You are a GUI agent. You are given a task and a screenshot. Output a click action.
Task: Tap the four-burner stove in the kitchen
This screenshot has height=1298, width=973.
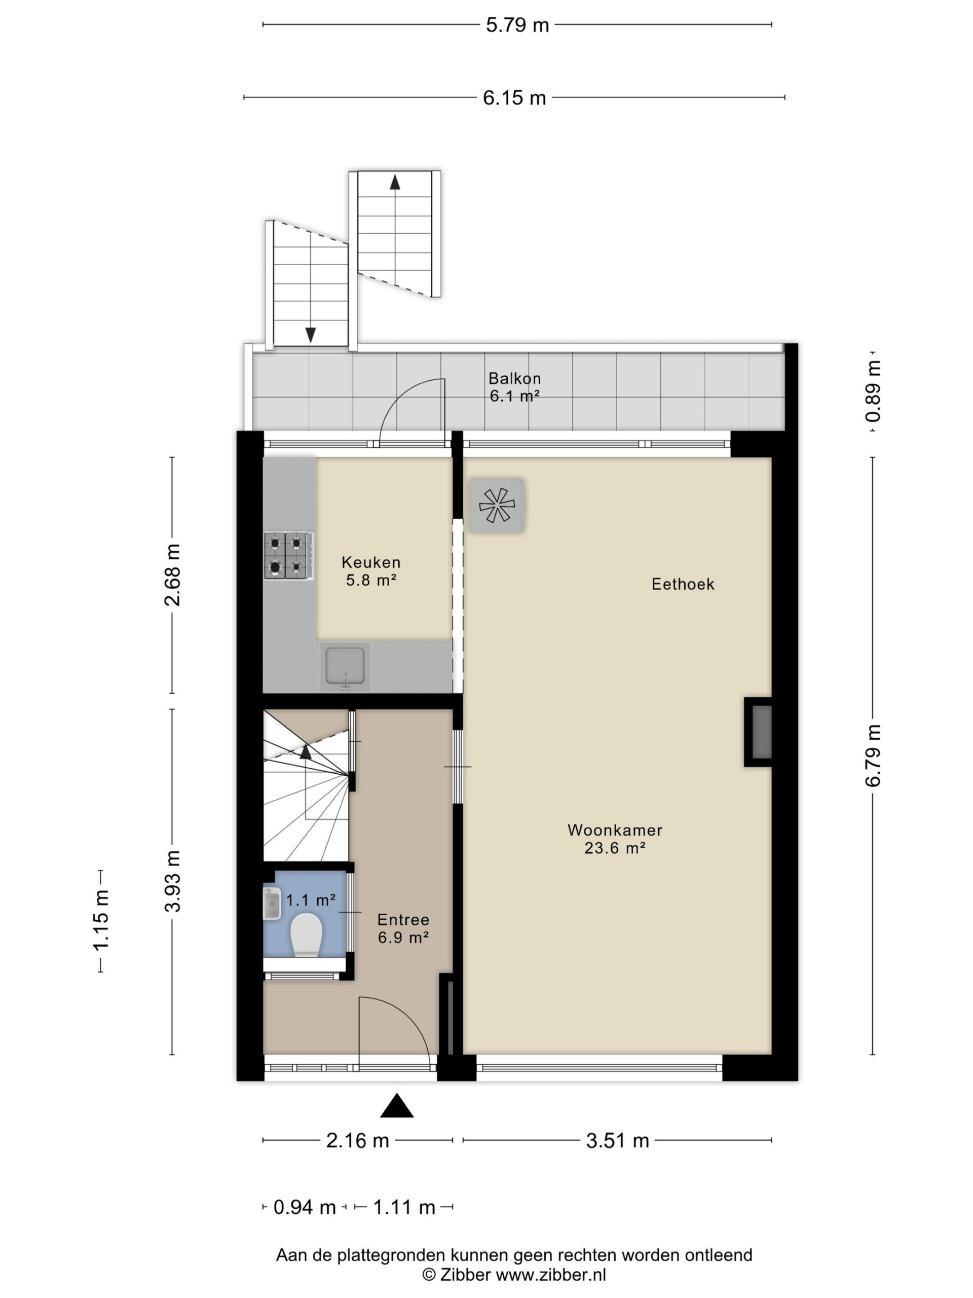pos(288,555)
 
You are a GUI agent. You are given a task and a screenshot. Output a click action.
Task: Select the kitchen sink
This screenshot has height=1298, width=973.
pos(345,667)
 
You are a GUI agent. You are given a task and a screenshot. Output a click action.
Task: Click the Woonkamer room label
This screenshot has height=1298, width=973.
pos(615,830)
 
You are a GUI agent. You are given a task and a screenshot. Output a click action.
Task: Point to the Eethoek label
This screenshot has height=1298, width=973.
pos(683,584)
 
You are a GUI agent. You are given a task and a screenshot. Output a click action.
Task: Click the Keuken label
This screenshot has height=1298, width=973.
pos(370,562)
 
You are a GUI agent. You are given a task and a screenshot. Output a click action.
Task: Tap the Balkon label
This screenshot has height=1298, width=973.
pos(514,378)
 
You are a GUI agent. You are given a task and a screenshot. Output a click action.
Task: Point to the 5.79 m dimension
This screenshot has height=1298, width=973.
pos(517,25)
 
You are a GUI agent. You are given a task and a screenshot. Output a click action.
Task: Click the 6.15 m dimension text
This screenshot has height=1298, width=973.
pos(514,98)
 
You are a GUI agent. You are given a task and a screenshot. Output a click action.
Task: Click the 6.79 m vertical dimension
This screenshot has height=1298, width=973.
pos(873,754)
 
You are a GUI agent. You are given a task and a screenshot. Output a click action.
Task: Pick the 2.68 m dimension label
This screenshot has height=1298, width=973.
pos(172,574)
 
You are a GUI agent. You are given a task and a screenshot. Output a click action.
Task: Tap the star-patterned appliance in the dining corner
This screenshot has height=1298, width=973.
pos(496,505)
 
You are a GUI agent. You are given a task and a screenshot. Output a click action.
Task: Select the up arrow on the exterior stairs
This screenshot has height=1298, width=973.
pos(395,183)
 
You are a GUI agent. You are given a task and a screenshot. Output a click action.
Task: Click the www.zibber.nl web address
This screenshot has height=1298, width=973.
pos(551,1275)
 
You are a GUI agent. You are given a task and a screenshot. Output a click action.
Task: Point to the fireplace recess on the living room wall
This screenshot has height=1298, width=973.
pos(758,732)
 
